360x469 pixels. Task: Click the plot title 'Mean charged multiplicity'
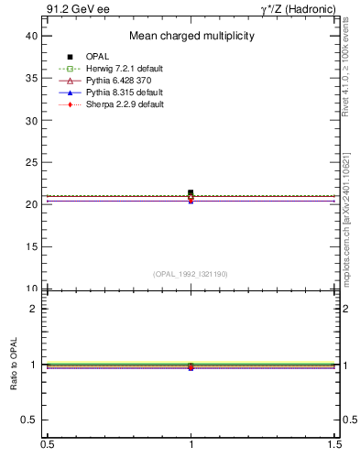(x=191, y=37)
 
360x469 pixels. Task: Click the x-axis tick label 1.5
(x=335, y=444)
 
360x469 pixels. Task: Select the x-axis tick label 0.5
(x=47, y=444)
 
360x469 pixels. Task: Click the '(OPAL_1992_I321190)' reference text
(x=191, y=274)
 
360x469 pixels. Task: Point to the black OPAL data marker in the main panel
(x=191, y=192)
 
